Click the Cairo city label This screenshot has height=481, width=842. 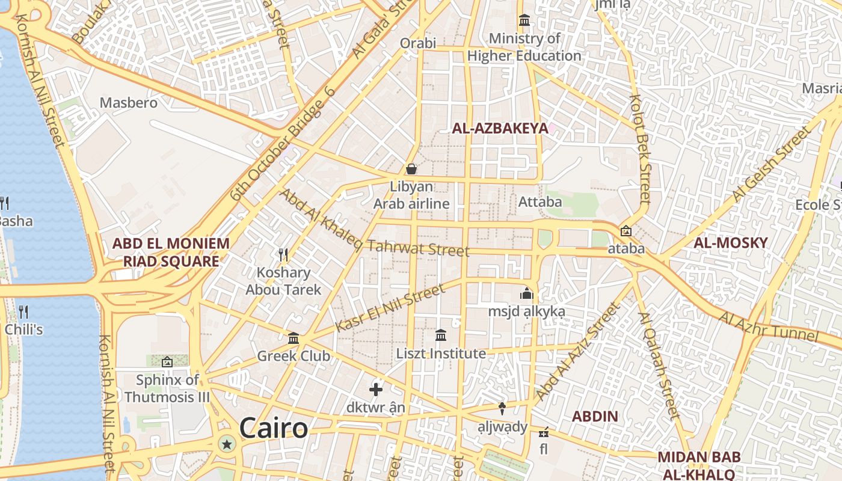[x=274, y=429]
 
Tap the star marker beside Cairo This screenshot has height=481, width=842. [x=227, y=444]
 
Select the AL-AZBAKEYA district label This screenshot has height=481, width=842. [x=500, y=128]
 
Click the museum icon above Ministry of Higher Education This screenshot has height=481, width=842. [x=524, y=21]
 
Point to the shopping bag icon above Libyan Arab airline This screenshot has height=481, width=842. [x=411, y=169]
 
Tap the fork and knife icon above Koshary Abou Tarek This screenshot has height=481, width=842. [x=283, y=255]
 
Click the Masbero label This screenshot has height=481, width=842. [x=129, y=103]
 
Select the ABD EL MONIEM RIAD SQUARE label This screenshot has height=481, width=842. [x=171, y=253]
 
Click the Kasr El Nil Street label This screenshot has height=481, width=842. [x=390, y=307]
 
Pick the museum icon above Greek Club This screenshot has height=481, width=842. [x=293, y=339]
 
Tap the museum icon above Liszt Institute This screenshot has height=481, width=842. [x=441, y=335]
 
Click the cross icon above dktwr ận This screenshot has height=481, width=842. [x=376, y=390]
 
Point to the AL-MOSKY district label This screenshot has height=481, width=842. [x=731, y=243]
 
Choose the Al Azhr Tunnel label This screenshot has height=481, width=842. [x=769, y=326]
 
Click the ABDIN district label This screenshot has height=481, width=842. [x=595, y=416]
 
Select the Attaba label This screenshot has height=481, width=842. [x=540, y=202]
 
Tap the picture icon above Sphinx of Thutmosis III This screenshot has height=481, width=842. [x=167, y=362]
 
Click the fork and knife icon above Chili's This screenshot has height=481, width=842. [x=23, y=311]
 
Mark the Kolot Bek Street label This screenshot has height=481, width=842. [x=640, y=148]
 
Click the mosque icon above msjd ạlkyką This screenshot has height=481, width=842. [x=527, y=293]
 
